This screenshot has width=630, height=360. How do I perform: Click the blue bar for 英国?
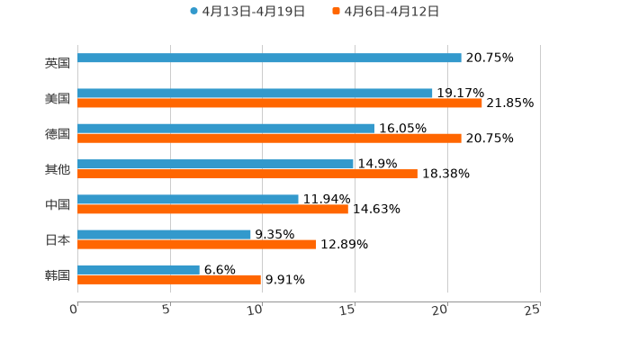[269, 58]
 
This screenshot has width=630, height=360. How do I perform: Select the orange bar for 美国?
[280, 103]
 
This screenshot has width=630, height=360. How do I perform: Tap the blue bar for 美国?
[255, 93]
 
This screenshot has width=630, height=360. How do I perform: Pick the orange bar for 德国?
[269, 138]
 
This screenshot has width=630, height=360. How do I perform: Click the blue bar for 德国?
[226, 128]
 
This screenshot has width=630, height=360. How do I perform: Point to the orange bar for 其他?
[247, 174]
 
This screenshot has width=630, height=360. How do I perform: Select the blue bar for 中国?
[188, 199]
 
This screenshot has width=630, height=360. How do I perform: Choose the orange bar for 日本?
[197, 244]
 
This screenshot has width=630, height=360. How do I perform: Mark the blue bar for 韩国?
[139, 269]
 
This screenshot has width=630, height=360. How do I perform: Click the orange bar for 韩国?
[169, 279]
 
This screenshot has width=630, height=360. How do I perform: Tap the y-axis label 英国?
[58, 63]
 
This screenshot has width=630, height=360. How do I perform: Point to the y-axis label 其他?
[58, 169]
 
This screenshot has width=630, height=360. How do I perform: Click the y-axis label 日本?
[58, 239]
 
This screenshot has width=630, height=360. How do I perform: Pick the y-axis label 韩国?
[58, 274]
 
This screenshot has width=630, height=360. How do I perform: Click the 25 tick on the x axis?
[533, 310]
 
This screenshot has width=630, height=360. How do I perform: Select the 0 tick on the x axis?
[74, 310]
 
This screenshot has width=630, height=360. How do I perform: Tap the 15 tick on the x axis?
[348, 310]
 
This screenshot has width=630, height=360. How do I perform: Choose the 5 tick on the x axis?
[166, 310]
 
